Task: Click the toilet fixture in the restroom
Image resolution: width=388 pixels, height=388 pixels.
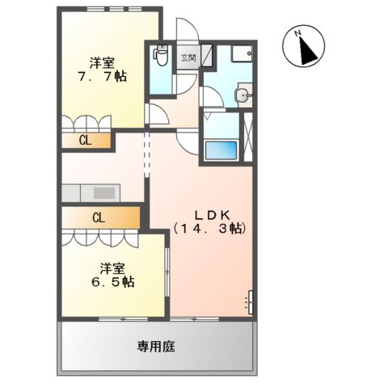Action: [x=160, y=57]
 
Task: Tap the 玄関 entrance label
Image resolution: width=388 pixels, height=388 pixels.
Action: [x=188, y=57]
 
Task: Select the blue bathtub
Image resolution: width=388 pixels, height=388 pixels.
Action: [x=221, y=150]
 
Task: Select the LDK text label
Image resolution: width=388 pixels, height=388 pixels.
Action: [x=213, y=214]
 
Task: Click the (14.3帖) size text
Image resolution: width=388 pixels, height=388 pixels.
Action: [x=209, y=230]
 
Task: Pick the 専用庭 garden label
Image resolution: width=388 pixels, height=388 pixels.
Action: [x=156, y=347]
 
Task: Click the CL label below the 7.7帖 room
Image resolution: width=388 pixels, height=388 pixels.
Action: [x=84, y=140]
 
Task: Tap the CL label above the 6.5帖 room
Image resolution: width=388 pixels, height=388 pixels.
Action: [x=98, y=217]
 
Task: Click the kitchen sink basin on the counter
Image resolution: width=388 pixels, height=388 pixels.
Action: [x=104, y=193]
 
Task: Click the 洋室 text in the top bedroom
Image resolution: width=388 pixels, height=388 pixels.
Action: [x=101, y=61]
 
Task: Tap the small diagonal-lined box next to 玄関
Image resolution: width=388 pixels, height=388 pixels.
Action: [x=207, y=56]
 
